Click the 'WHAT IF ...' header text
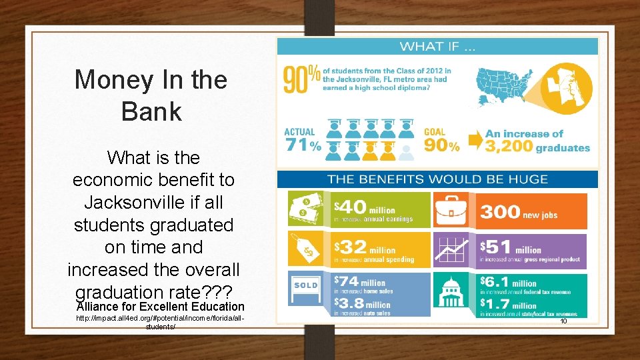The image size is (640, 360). coord(437,46)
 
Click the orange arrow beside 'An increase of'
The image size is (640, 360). coord(475,140)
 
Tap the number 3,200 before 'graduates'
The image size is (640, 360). coord(509,147)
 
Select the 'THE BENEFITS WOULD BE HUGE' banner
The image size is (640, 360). coord(437,179)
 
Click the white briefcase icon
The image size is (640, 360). coord(453,211)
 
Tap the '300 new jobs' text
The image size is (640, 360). coord(519,213)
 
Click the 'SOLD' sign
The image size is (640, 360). coord(306,285)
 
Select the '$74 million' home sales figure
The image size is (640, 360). coord(360,283)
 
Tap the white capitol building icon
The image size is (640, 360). coord(453,293)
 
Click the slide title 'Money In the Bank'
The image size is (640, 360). coord(151,95)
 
